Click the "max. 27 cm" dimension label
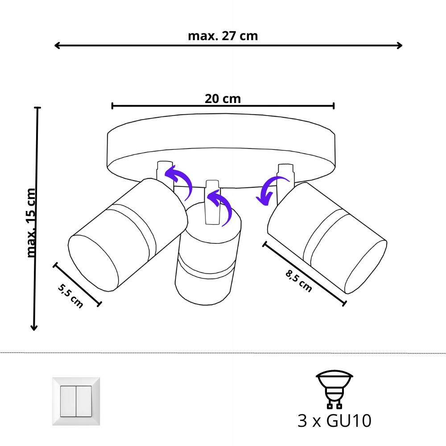[223, 36]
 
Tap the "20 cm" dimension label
[223, 99]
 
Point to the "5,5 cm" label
[70, 296]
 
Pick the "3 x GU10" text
[334, 421]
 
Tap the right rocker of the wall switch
[84, 401]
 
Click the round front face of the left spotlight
[91, 263]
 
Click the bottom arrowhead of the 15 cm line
[33, 327]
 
